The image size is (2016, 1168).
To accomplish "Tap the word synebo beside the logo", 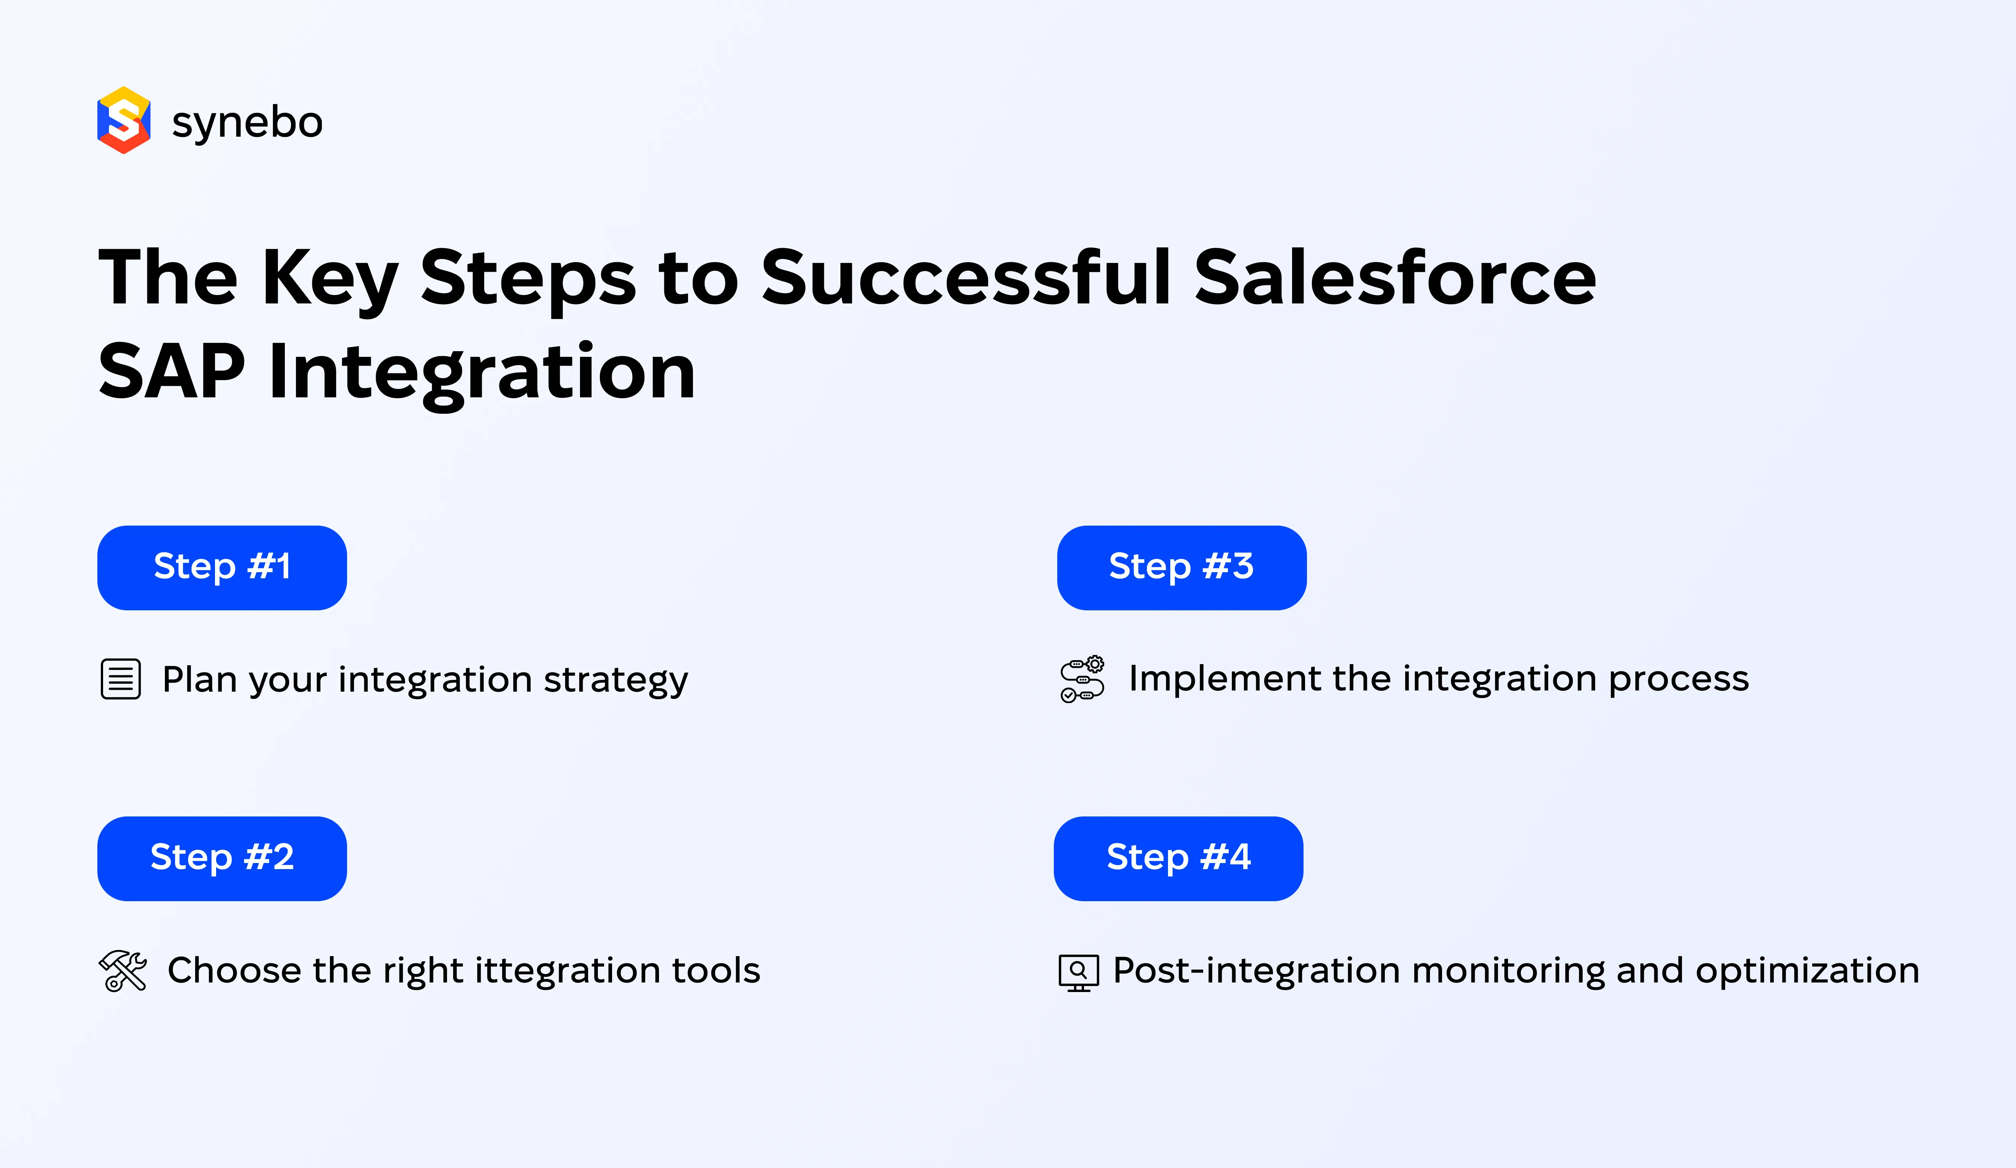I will pos(247,123).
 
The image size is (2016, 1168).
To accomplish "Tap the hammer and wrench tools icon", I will pos(123,970).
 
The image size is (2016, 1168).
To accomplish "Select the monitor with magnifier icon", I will pos(1078,972).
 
